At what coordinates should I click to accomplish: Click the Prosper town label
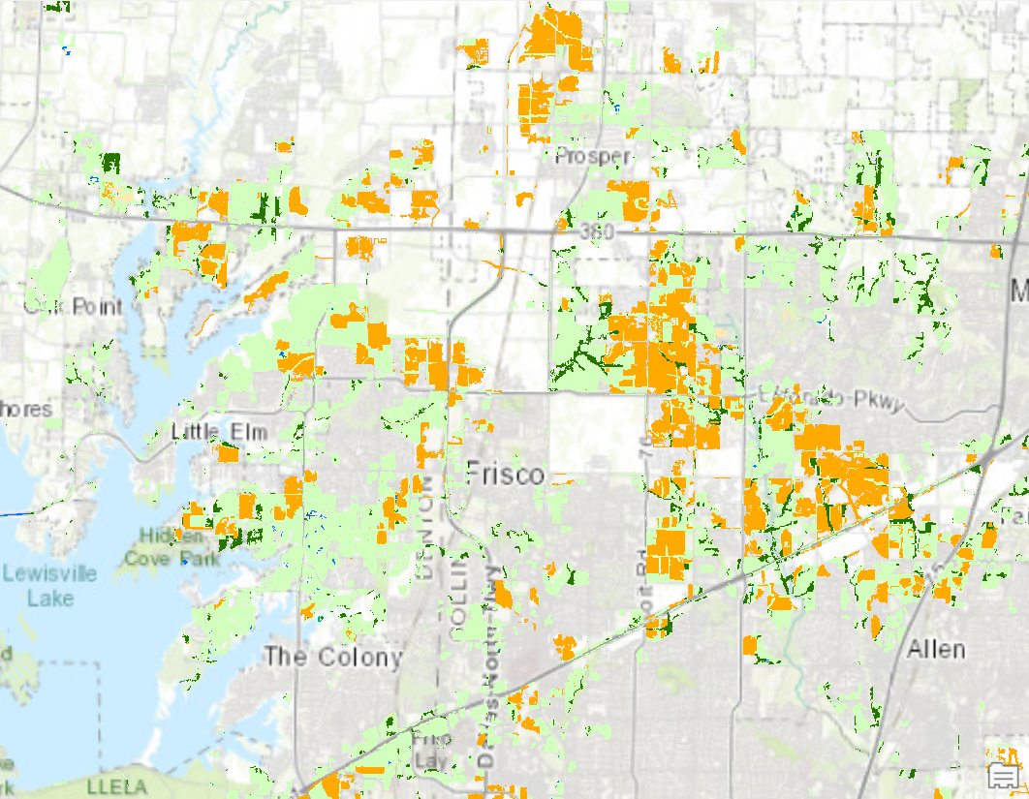pos(594,156)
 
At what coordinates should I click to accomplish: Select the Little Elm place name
pos(219,432)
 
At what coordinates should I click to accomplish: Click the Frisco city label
pos(506,474)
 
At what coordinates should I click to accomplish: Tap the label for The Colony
pos(333,658)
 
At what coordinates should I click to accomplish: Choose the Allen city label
pos(935,649)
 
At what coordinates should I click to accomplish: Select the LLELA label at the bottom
pos(116,785)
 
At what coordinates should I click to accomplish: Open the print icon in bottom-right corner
pos(1004,775)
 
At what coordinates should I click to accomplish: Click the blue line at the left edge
pos(12,512)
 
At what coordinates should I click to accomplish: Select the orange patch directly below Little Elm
pos(229,453)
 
